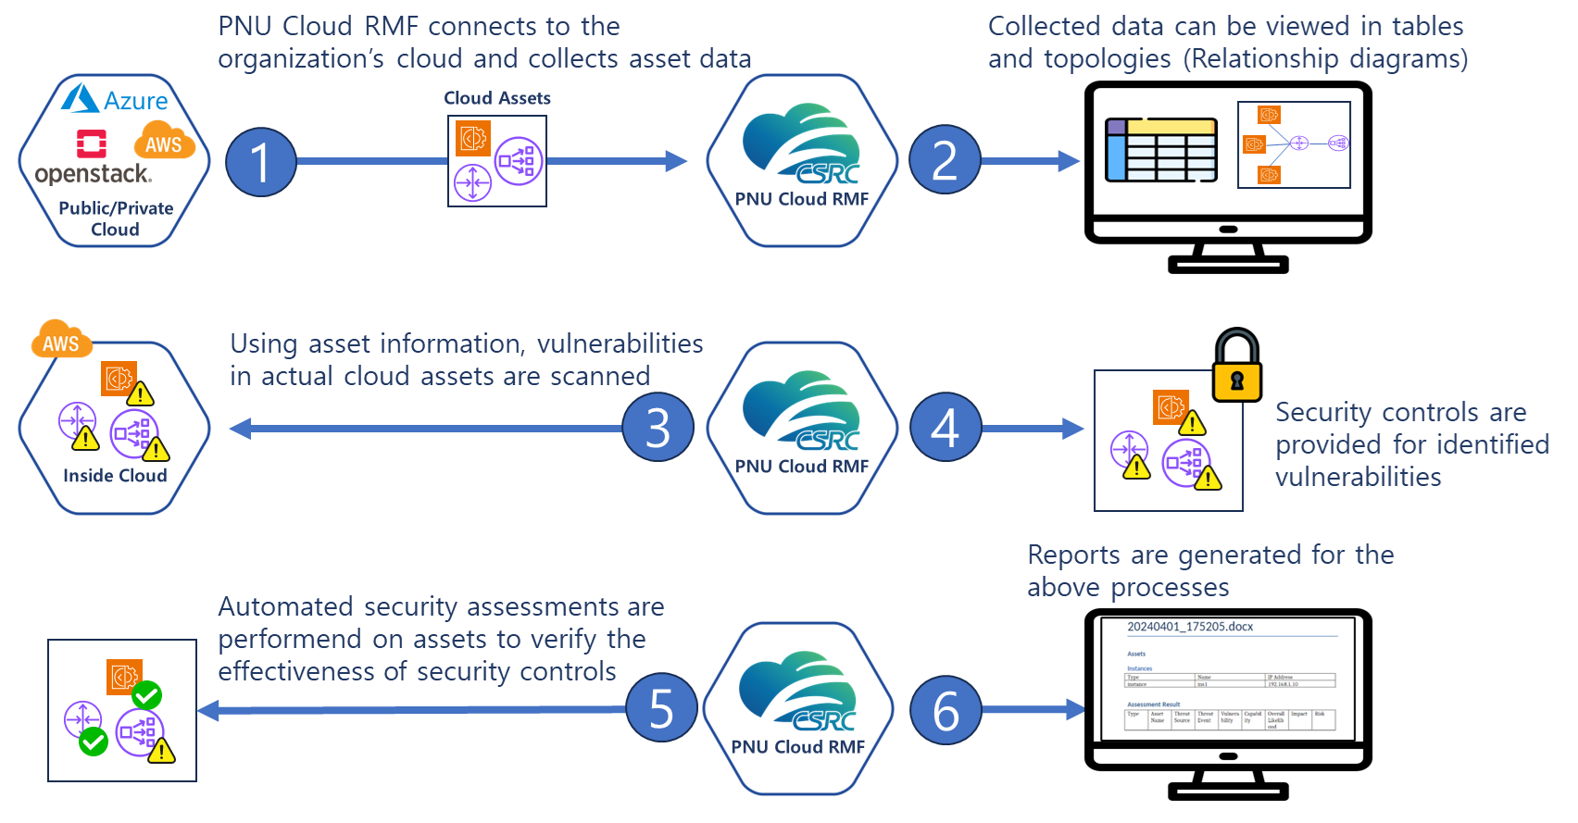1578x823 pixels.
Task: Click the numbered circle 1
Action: [x=261, y=162]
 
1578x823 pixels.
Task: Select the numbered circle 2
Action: [x=944, y=160]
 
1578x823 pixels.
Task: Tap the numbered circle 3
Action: [x=657, y=428]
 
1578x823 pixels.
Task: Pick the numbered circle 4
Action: [x=945, y=428]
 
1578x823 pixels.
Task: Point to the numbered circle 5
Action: [x=661, y=708]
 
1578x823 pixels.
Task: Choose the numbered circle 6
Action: [x=946, y=710]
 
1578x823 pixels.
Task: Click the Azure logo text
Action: [x=135, y=101]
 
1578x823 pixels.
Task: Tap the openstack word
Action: [x=93, y=174]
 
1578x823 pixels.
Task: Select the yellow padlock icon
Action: [x=1236, y=368]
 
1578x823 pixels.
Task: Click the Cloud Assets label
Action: [x=497, y=98]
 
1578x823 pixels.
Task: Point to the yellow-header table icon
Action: [x=1161, y=149]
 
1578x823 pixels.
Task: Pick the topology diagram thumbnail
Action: [x=1294, y=144]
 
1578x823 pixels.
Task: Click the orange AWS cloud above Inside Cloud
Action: [x=61, y=341]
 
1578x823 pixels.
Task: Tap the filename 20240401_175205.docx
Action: [x=1190, y=627]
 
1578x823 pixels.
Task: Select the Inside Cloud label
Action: [x=115, y=476]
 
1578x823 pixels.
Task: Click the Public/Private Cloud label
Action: [x=116, y=218]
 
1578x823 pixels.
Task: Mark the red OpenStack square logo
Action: [x=92, y=143]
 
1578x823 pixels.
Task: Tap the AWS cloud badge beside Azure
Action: [x=164, y=142]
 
